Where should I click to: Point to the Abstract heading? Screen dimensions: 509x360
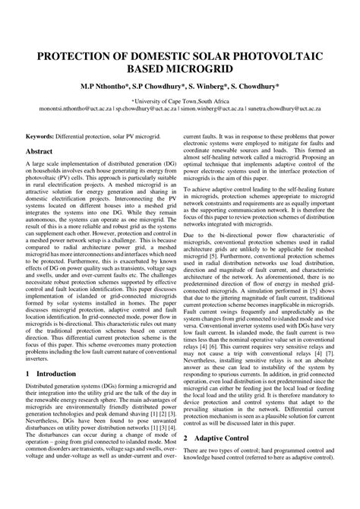44,152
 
